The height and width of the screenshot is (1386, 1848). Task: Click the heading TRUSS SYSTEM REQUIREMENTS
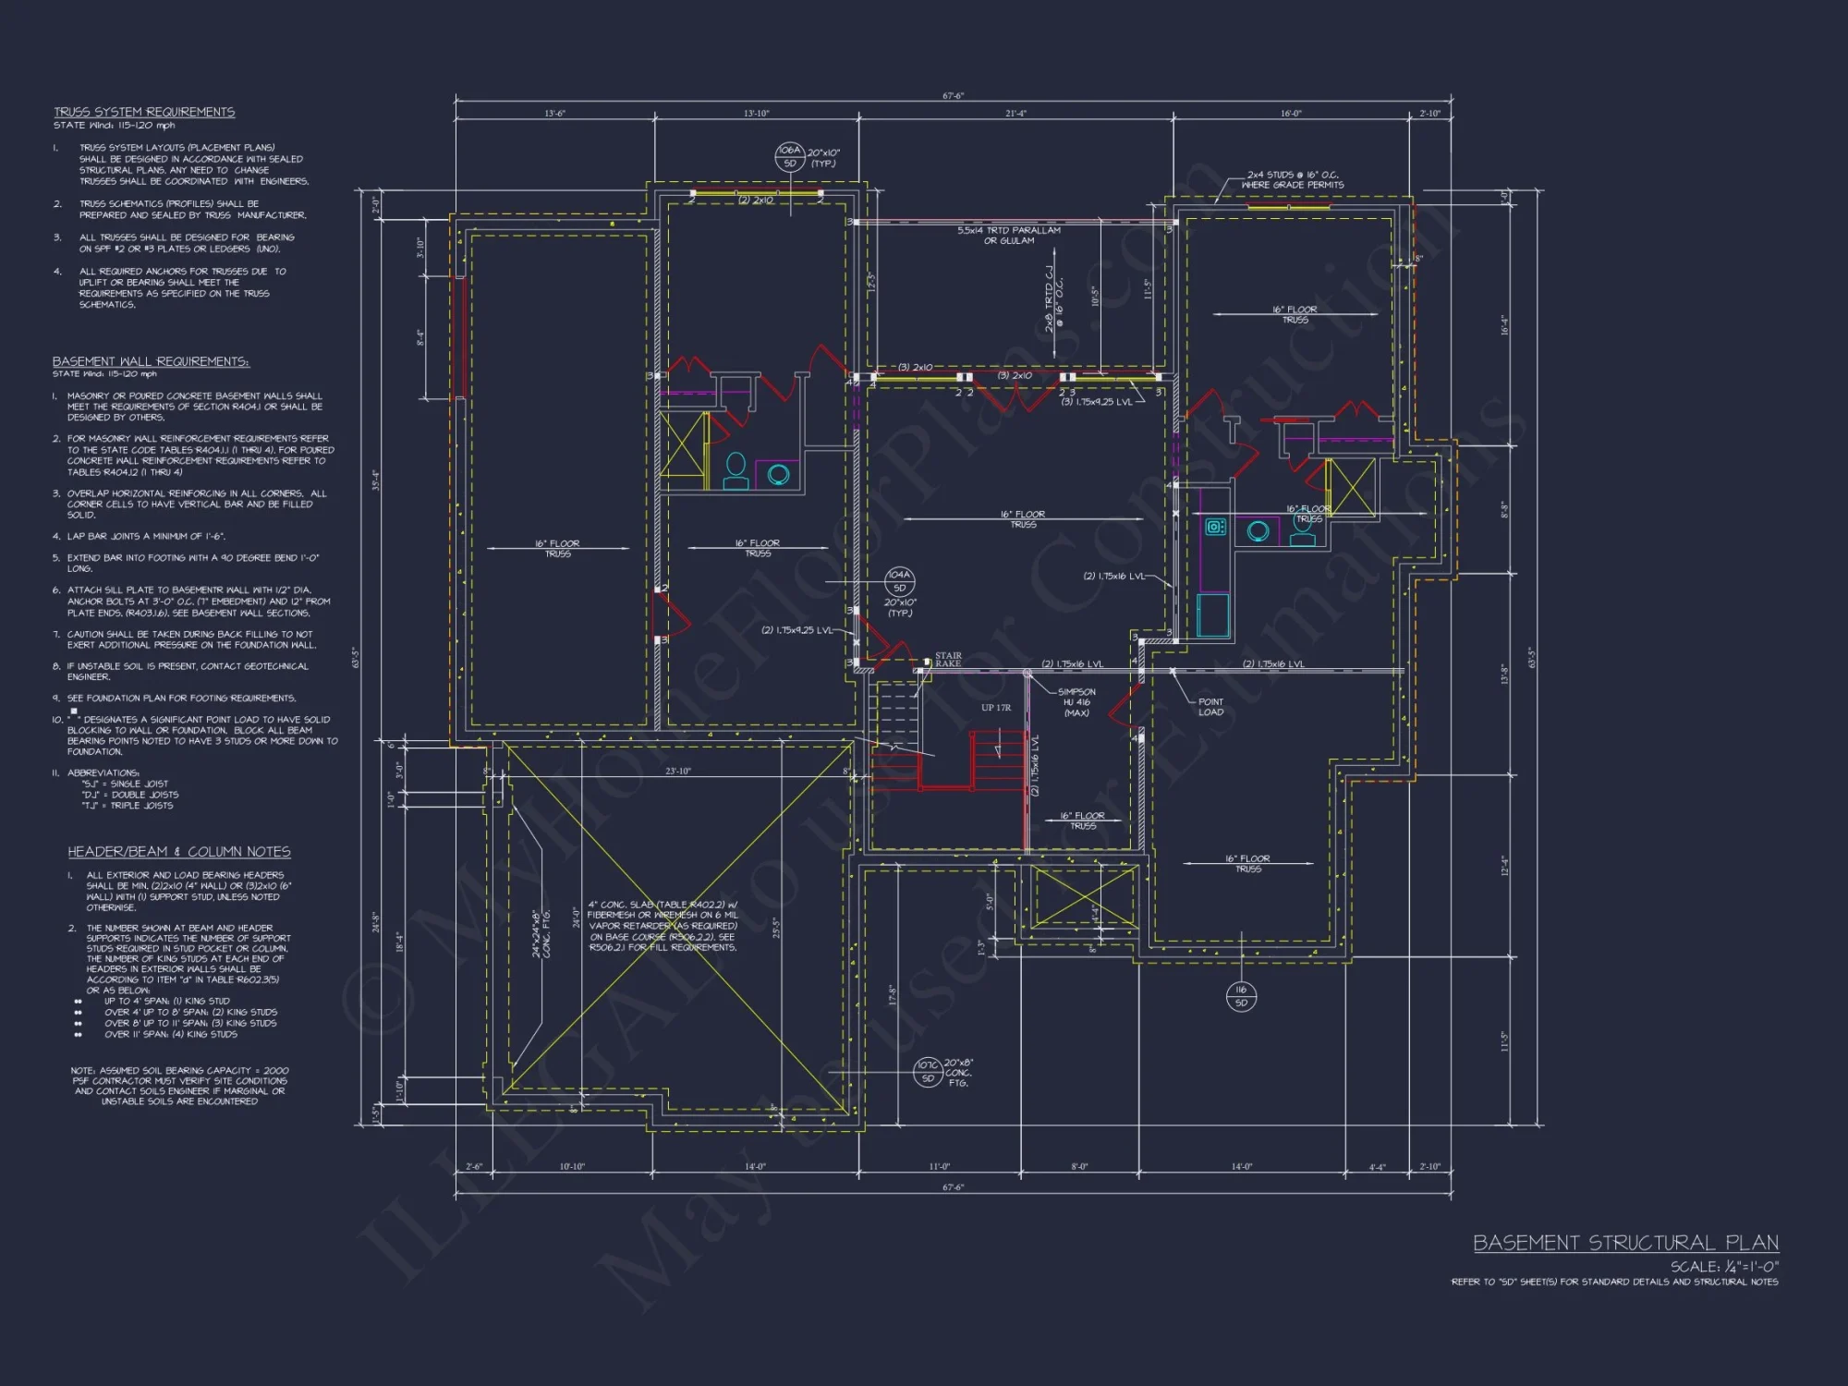(144, 112)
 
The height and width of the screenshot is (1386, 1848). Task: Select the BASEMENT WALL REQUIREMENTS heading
(151, 361)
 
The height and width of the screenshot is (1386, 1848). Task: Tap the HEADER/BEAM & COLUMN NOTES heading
(178, 851)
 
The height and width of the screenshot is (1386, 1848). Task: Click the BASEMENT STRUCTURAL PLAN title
(1625, 1243)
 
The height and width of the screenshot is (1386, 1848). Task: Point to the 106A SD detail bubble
(789, 156)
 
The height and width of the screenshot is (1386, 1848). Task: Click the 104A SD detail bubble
(899, 581)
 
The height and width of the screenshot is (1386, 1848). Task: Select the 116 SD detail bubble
(1241, 995)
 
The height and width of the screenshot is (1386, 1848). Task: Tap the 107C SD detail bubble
(928, 1072)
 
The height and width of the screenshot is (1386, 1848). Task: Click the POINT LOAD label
(1210, 707)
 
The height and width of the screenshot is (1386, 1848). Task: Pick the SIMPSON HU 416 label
(1076, 702)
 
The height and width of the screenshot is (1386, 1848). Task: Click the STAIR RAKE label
(948, 660)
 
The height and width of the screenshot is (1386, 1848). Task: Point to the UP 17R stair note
(996, 708)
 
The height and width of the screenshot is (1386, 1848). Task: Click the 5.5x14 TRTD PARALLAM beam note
(1009, 236)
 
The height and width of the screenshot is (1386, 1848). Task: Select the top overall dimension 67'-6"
(953, 96)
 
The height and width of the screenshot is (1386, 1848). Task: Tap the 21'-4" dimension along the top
(1015, 114)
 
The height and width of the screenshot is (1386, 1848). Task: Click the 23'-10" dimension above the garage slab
(678, 771)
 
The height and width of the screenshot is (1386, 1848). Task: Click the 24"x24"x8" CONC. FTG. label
(541, 933)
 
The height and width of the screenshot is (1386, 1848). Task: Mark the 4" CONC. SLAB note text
(663, 926)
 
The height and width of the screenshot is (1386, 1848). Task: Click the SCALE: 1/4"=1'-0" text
(1724, 1266)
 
